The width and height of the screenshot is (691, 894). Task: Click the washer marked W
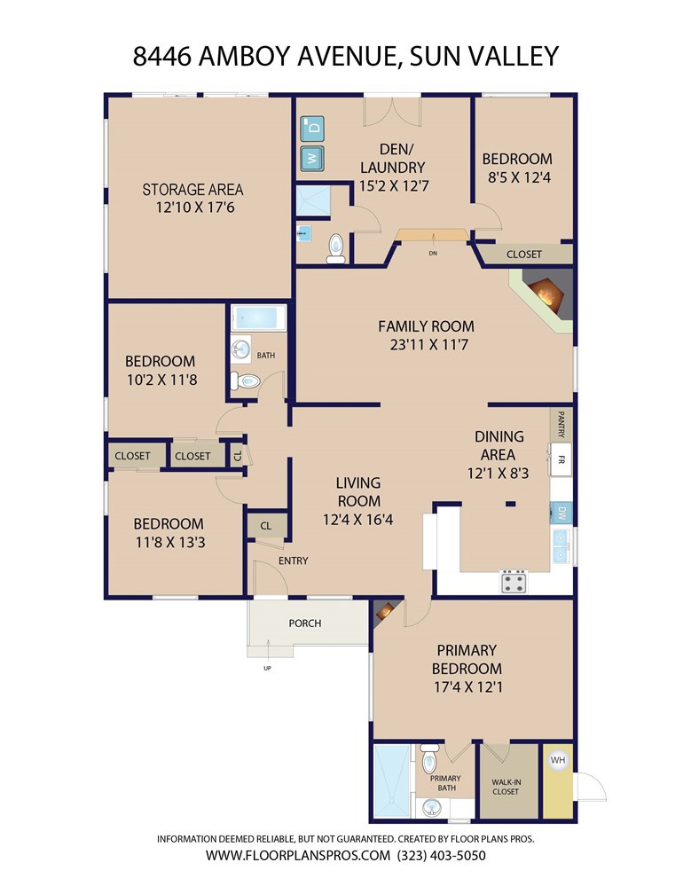click(x=312, y=157)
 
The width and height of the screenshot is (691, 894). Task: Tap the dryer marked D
click(x=312, y=128)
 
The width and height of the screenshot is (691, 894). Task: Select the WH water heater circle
click(x=558, y=760)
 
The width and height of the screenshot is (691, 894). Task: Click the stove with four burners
click(x=513, y=582)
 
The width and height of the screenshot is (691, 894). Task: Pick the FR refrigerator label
click(x=561, y=459)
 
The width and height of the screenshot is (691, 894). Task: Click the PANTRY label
click(x=561, y=424)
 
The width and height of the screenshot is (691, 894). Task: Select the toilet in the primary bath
click(x=429, y=757)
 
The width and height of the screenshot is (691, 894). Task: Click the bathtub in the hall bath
click(x=259, y=318)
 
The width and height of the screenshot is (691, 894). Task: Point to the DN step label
click(x=433, y=253)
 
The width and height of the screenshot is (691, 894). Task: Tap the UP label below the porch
click(x=267, y=668)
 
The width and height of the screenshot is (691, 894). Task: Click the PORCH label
click(x=305, y=623)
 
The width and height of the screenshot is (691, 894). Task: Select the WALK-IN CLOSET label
click(x=506, y=787)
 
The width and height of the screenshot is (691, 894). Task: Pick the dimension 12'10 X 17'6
click(x=195, y=208)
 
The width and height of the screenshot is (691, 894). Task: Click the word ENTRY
click(x=293, y=561)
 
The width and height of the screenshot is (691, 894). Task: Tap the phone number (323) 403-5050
click(x=442, y=855)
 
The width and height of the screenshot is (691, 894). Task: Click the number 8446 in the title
click(x=162, y=56)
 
